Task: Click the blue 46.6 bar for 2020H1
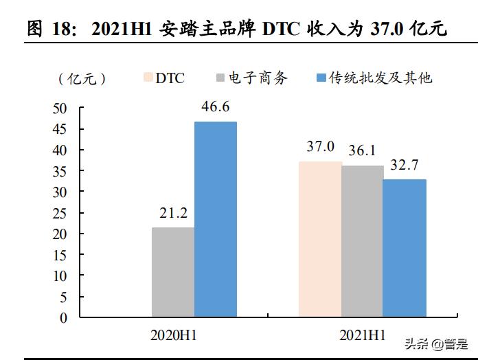(215, 220)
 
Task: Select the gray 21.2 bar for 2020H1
(173, 273)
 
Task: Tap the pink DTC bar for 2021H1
(320, 240)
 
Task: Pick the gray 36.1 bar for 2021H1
(362, 242)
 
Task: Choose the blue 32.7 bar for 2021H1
(405, 249)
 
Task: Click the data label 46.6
(215, 106)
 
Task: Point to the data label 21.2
(173, 213)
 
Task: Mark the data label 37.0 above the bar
(320, 146)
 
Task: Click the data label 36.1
(362, 150)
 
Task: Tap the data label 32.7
(405, 164)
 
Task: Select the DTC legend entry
(163, 78)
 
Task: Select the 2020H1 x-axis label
(174, 336)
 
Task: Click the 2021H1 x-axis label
(363, 336)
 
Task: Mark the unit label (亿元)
(82, 78)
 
